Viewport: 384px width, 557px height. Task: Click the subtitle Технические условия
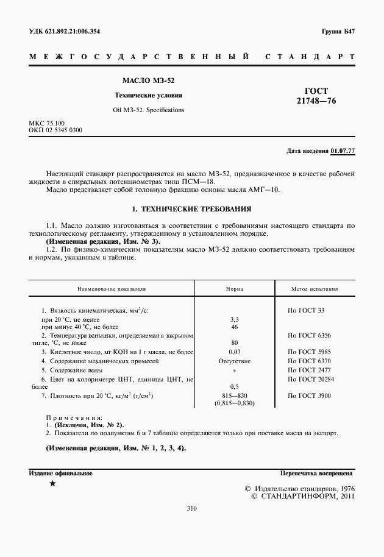(149, 96)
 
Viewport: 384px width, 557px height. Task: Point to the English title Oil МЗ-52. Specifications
(149, 110)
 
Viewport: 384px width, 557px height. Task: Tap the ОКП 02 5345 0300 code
(56, 130)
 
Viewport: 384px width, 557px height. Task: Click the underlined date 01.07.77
(343, 151)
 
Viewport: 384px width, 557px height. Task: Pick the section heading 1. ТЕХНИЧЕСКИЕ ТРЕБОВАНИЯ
(192, 208)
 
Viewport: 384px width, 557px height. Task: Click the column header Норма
(235, 290)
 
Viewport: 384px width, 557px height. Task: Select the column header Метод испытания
(314, 290)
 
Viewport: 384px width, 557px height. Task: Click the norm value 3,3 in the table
(235, 319)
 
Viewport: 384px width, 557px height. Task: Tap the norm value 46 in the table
(235, 327)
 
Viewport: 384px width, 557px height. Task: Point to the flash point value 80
(235, 343)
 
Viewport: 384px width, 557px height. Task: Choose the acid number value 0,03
(235, 352)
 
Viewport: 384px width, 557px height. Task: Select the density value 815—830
(235, 396)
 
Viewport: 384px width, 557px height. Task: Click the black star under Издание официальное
(52, 484)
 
